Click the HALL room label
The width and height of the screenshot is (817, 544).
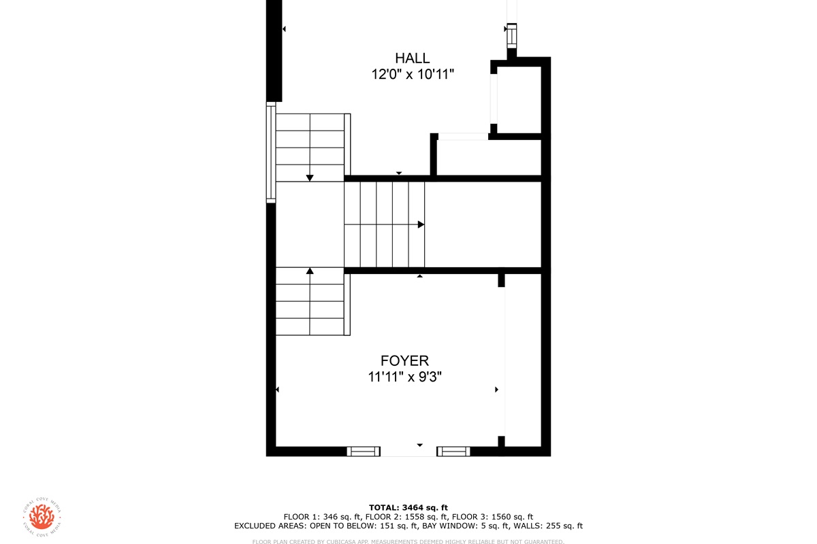(x=412, y=58)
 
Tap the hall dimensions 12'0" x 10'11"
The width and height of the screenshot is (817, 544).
(x=413, y=74)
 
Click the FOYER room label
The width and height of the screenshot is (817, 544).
(x=404, y=360)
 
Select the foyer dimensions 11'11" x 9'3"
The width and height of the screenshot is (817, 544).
(x=404, y=377)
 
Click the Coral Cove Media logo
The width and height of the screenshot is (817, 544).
(x=42, y=517)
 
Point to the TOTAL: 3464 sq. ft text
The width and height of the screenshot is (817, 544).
(x=408, y=507)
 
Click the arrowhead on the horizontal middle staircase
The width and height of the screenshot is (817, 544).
(x=421, y=224)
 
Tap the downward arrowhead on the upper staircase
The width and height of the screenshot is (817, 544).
(x=310, y=177)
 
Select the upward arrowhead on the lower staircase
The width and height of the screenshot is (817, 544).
(x=310, y=271)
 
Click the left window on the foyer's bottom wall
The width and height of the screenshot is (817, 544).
(x=364, y=452)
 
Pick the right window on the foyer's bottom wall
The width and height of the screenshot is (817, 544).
(x=453, y=452)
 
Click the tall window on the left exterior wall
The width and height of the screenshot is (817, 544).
(x=271, y=152)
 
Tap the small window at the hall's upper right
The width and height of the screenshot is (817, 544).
(x=512, y=36)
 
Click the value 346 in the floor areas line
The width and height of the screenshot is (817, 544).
(x=330, y=517)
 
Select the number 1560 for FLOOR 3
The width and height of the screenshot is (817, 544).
(x=500, y=517)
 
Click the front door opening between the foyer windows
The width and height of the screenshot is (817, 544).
(x=408, y=452)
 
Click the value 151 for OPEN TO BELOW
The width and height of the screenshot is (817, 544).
(x=387, y=526)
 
